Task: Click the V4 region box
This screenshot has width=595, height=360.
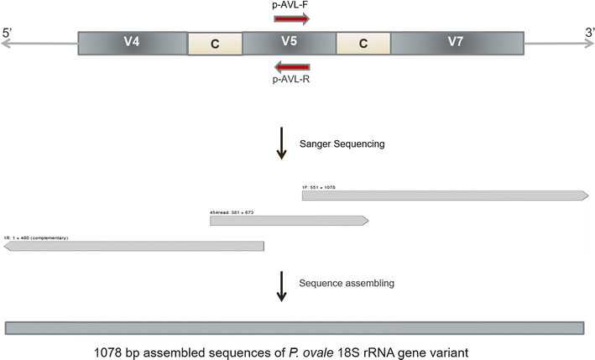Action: click(x=132, y=44)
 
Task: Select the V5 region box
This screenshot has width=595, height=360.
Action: click(x=288, y=44)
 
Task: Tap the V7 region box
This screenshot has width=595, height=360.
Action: click(x=457, y=44)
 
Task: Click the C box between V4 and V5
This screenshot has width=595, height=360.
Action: click(x=214, y=44)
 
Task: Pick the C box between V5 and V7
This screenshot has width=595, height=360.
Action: click(x=363, y=44)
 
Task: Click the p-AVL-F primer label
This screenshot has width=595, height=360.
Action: click(x=290, y=7)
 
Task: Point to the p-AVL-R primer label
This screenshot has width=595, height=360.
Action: click(x=290, y=81)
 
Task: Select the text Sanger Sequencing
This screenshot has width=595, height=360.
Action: click(x=342, y=143)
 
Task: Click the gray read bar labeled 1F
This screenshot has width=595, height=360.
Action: click(x=444, y=196)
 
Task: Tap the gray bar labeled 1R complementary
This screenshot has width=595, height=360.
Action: click(x=134, y=246)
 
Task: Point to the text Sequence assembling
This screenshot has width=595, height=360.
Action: click(x=347, y=283)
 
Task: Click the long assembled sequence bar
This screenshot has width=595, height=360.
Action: click(x=295, y=326)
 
